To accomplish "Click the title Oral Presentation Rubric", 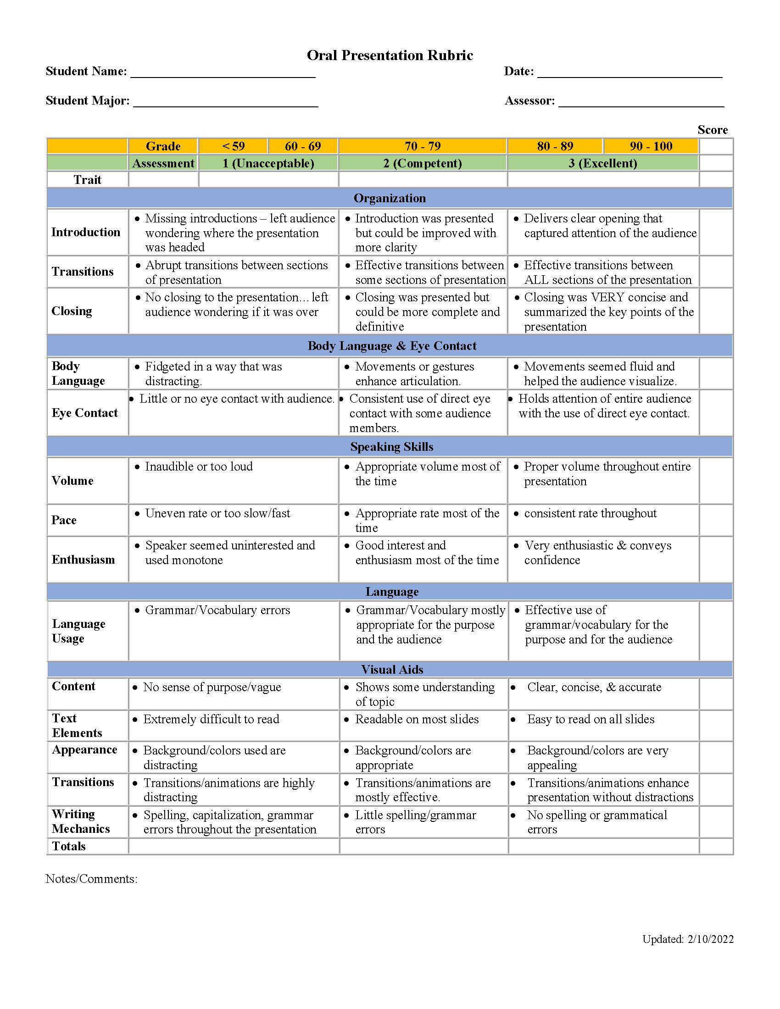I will click(390, 55).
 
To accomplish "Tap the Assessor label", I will click(529, 101).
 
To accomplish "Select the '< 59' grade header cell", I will click(233, 146).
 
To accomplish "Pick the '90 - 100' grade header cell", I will click(651, 146).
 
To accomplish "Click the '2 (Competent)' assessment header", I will click(422, 163).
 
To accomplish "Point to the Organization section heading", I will click(390, 198).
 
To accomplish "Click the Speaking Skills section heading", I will click(391, 447).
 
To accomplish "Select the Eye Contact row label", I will click(84, 413).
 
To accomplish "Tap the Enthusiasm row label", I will click(83, 560).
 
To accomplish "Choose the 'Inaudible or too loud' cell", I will click(199, 466).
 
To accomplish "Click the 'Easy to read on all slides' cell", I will click(591, 719).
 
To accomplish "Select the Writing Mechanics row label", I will click(80, 821).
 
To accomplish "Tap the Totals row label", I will click(69, 846).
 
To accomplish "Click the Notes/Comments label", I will click(91, 879).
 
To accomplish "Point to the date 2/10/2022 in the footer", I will click(710, 939).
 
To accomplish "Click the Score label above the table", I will click(712, 130).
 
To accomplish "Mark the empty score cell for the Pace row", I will click(716, 520).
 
